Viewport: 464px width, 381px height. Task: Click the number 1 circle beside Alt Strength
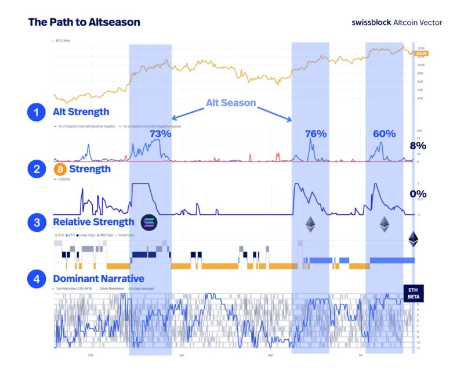point(37,112)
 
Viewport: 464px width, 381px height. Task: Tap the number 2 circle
point(37,170)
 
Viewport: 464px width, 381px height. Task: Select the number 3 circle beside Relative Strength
point(37,222)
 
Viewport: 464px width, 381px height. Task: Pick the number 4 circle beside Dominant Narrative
point(37,279)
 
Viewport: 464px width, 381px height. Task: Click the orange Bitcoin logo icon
point(59,170)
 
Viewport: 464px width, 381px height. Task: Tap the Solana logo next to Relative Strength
point(149,222)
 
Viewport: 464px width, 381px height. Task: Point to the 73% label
point(160,133)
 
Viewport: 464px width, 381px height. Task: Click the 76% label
point(317,134)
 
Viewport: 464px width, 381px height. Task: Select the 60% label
point(384,134)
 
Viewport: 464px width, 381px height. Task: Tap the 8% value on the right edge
point(418,145)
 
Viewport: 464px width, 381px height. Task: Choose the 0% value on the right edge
point(418,193)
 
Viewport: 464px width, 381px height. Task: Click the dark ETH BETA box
point(414,293)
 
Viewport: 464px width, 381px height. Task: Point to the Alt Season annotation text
point(231,103)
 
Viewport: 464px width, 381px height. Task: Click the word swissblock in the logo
point(371,23)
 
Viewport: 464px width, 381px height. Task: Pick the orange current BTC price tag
point(421,53)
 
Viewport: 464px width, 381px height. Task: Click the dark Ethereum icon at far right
point(413,239)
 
